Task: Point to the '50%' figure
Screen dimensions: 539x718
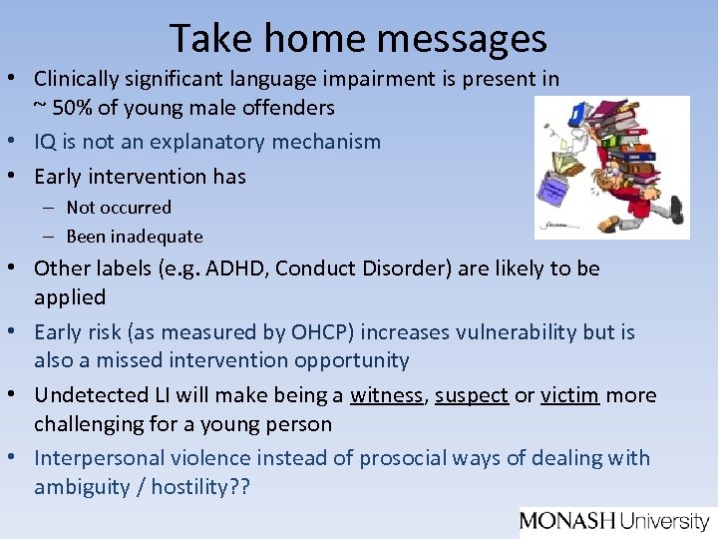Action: point(76,106)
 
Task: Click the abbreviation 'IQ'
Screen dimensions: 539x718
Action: point(46,142)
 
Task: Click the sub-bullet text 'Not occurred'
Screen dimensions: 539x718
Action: point(119,208)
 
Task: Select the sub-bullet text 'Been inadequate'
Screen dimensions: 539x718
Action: point(134,237)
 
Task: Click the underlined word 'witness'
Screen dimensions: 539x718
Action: point(386,395)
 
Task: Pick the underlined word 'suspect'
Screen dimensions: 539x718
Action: point(471,395)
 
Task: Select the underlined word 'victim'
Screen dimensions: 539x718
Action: point(569,395)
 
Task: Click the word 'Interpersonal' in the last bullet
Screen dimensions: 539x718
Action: point(93,458)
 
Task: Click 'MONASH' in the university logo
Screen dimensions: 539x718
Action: point(568,520)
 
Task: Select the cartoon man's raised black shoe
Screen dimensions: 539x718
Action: point(676,208)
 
